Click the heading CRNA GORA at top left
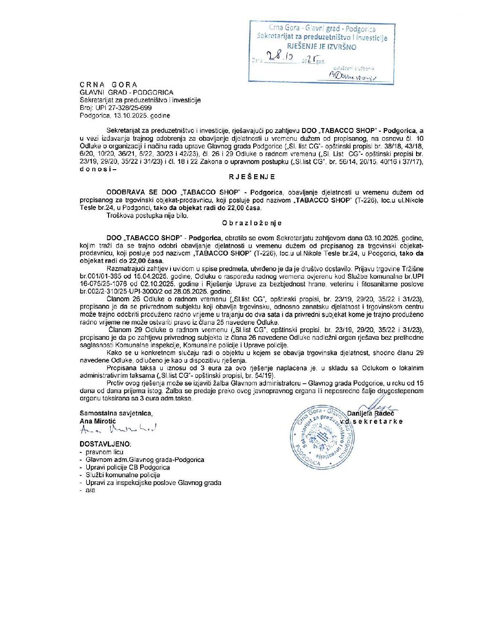pos(108,85)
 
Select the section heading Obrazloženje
pos(252,223)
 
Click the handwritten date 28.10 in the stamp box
pos(280,57)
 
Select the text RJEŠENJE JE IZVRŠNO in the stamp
pos(322,47)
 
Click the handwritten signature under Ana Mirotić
pos(118,429)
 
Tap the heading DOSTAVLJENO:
pos(105,444)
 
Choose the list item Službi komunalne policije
pos(123,475)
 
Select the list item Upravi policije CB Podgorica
pos(128,467)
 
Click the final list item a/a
pos(90,490)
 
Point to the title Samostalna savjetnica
pos(116,413)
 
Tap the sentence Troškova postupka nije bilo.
pos(147,215)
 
